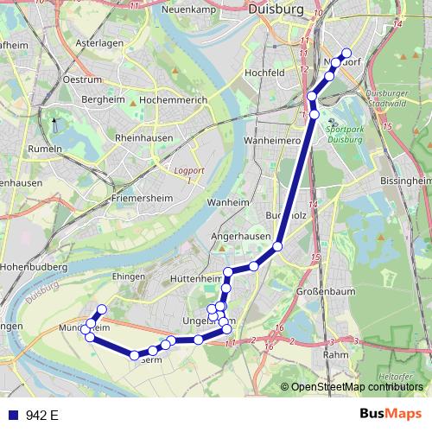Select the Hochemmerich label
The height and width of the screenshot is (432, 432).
172,100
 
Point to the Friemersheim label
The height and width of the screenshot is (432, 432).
144,198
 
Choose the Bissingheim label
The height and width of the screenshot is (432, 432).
405,181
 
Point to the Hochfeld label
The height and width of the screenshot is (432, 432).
266,73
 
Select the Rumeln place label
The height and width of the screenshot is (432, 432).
46,149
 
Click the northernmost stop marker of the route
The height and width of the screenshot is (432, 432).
346,53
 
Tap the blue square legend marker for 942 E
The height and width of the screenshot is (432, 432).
12,415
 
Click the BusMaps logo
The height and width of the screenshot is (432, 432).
391,415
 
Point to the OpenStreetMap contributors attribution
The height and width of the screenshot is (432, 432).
357,386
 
